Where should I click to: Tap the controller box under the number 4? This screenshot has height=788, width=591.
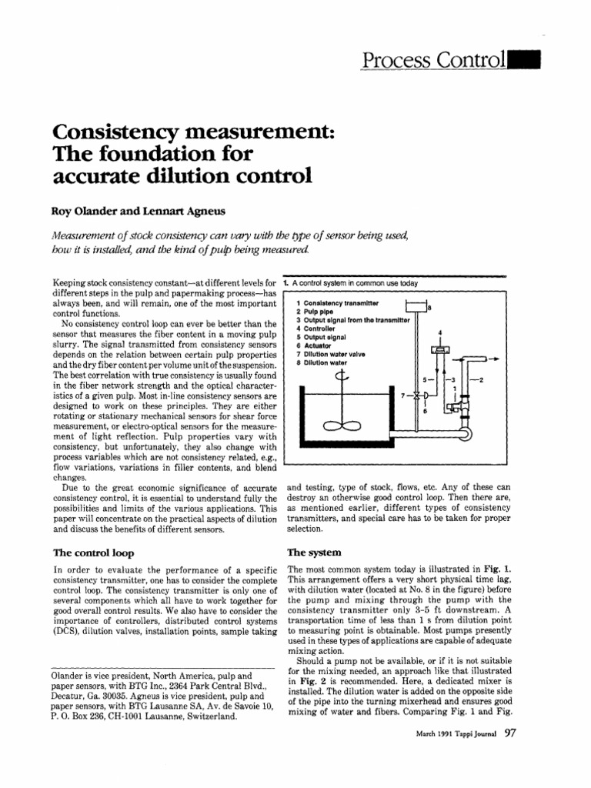click(441, 349)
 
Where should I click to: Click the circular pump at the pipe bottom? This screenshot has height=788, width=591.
click(465, 433)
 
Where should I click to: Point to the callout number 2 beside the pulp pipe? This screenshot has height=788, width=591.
click(482, 380)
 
